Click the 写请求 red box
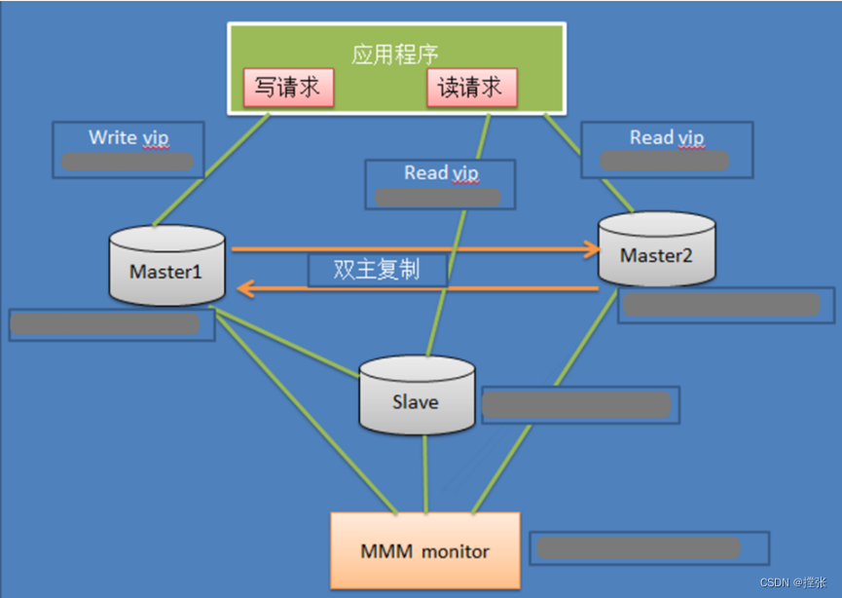pos(288,88)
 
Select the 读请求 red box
pos(471,88)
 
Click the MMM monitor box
pos(425,551)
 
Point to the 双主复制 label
pos(377,270)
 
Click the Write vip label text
pos(128,137)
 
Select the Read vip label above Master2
pos(667,137)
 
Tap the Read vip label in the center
pos(441,173)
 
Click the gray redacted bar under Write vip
pos(128,162)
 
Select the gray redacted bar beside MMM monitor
pos(639,547)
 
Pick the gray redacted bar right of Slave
pos(576,404)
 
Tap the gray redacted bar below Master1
pos(105,324)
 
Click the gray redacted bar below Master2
pos(719,305)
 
